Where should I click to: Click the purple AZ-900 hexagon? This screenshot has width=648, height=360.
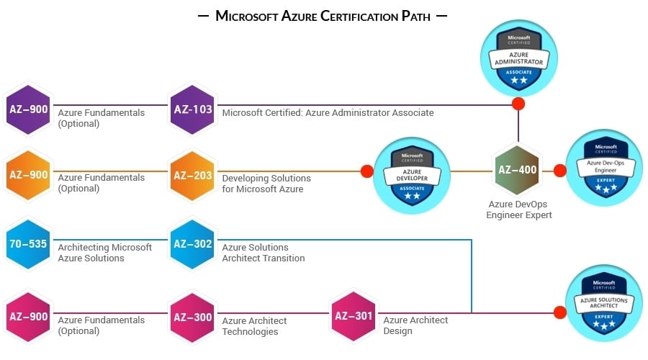point(28,109)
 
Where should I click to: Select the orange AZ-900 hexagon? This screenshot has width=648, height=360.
point(28,174)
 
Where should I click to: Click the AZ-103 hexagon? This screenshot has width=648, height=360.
point(192,109)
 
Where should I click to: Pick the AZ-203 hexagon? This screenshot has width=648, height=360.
point(192,174)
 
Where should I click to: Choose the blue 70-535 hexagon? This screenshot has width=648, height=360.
point(28,244)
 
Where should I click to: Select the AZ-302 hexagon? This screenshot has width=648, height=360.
point(192,244)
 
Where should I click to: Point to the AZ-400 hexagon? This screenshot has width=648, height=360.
point(517,171)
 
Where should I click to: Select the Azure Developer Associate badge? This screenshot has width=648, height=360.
point(413,174)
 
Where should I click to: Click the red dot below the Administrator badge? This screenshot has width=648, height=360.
point(518,104)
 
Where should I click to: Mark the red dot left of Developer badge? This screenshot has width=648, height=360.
point(366,171)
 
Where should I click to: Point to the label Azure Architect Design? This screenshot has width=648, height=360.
point(415,325)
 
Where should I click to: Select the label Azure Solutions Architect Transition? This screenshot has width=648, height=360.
point(264,253)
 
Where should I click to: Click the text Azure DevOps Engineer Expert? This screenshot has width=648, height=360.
point(518,210)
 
